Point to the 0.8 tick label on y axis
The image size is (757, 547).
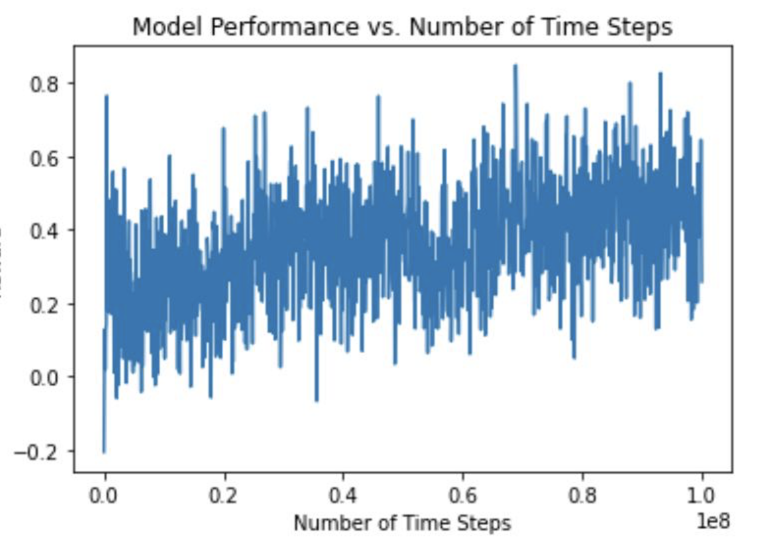coord(45,84)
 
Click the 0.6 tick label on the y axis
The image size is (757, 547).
coord(45,158)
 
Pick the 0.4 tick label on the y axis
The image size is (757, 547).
coord(45,231)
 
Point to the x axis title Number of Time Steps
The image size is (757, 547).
coord(402,523)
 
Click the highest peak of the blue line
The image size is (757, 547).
coord(515,65)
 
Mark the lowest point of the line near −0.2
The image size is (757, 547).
coord(104,452)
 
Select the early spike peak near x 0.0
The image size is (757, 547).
coord(106,96)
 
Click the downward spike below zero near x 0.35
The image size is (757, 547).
coord(316,400)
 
